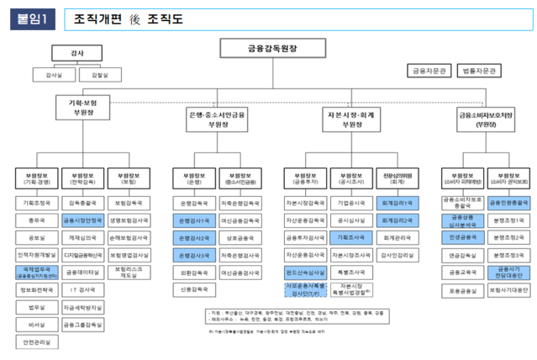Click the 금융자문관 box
[x=428, y=71]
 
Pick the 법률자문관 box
[x=479, y=71]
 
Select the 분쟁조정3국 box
[x=509, y=255]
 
